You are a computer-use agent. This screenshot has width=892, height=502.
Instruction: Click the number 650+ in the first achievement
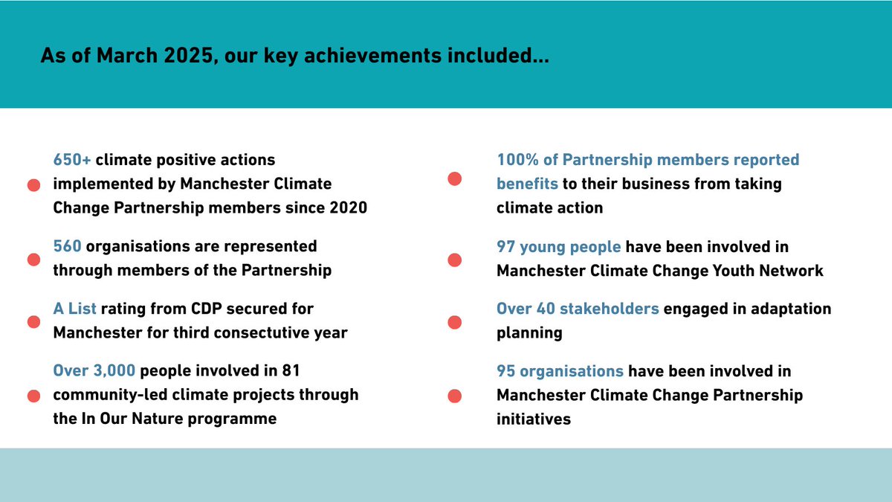[x=72, y=160]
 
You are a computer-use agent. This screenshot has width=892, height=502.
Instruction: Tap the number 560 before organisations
[x=67, y=246]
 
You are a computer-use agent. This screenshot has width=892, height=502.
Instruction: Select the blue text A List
[x=75, y=308]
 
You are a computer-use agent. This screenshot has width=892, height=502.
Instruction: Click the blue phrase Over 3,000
[x=94, y=370]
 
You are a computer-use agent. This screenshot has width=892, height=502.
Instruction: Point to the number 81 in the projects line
[x=290, y=370]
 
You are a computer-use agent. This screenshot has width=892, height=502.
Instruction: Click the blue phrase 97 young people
[x=559, y=246]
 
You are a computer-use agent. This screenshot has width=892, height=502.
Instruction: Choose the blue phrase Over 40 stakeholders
[x=578, y=308]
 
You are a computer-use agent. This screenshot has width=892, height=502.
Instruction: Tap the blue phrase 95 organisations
[x=560, y=370]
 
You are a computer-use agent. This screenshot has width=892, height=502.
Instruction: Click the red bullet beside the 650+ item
[x=33, y=185]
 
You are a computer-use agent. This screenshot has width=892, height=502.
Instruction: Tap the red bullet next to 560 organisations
[x=33, y=260]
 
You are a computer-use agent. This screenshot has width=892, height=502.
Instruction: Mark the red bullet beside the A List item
[x=33, y=321]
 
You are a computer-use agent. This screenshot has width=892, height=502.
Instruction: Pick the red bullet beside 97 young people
[x=455, y=260]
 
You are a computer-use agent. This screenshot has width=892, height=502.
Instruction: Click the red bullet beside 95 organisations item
[x=455, y=396]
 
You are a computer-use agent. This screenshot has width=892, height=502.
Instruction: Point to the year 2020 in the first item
[x=346, y=208]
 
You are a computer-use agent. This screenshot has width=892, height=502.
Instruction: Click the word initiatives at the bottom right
[x=534, y=419]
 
